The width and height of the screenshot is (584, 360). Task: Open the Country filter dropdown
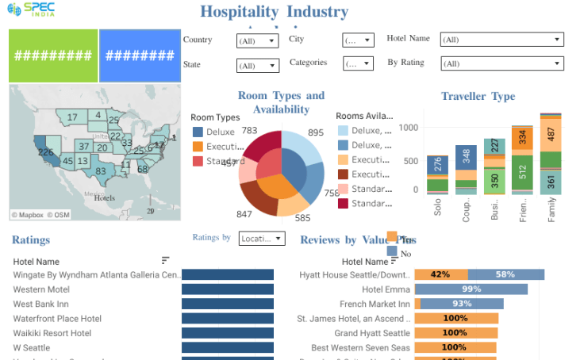coord(257,40)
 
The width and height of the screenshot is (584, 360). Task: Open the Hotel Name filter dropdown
coord(501,40)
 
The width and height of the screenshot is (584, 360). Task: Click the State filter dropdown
coord(257,66)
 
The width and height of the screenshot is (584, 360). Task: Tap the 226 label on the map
coord(45,151)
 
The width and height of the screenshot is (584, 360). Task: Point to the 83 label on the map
coord(101,170)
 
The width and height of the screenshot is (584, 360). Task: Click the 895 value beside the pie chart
coord(316,132)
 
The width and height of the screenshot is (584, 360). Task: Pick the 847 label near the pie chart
coord(244,214)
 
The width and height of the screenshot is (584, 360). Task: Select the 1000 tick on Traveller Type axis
coord(408,127)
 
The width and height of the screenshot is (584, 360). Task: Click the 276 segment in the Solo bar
coord(437,165)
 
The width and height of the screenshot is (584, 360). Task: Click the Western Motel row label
coord(41,289)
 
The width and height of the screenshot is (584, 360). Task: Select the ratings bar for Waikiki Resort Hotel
coord(228,333)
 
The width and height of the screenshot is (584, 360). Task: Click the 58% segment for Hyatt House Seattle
coord(505,274)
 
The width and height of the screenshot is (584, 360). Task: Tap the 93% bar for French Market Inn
coord(459,304)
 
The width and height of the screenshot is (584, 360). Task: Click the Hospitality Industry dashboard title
coord(274,12)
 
